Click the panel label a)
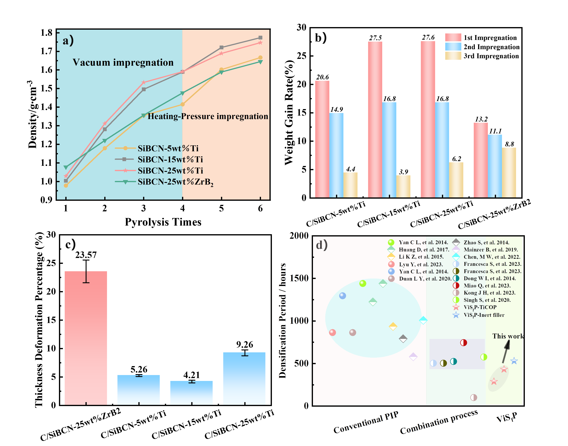[x=68, y=41]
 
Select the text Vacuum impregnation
[x=123, y=63]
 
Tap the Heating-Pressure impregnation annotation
[x=208, y=116]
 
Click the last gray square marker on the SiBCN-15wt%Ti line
[x=260, y=38]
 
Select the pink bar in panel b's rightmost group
[x=481, y=160]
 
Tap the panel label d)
[x=322, y=245]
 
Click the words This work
[x=508, y=336]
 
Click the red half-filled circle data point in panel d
[x=463, y=343]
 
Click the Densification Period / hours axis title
[x=282, y=321]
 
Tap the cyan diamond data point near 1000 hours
[x=423, y=320]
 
